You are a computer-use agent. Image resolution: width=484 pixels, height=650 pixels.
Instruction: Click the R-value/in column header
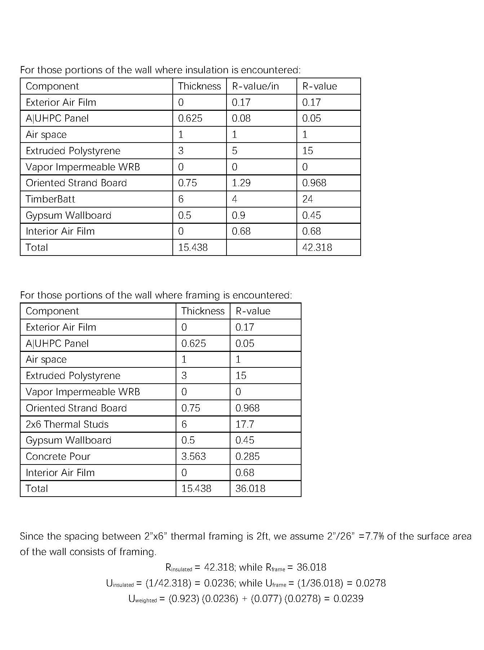(255, 86)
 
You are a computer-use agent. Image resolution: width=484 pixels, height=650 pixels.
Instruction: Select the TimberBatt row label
(50, 199)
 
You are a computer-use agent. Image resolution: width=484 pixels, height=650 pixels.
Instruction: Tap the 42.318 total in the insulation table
(317, 248)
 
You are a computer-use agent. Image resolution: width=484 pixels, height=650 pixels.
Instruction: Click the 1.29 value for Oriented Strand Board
(241, 183)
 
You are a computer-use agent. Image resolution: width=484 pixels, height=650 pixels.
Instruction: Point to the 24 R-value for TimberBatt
(307, 199)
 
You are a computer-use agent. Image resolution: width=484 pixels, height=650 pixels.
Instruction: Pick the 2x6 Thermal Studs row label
(67, 424)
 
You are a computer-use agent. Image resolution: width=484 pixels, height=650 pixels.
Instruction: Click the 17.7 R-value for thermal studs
(245, 424)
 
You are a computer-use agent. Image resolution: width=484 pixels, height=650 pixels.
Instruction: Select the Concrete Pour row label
(58, 457)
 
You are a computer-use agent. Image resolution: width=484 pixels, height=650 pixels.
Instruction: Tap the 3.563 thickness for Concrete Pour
(193, 457)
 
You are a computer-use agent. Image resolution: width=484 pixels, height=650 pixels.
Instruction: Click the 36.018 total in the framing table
(250, 489)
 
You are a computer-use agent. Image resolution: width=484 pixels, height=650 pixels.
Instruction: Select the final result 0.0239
(348, 599)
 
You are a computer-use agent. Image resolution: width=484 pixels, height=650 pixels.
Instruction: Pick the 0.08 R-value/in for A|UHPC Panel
(241, 118)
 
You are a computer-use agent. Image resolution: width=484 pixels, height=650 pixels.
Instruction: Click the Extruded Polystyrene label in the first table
(73, 151)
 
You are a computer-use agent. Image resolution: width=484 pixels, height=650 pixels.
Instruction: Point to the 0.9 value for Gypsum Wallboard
(238, 215)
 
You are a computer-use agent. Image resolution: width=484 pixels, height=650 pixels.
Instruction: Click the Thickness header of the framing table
(203, 311)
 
